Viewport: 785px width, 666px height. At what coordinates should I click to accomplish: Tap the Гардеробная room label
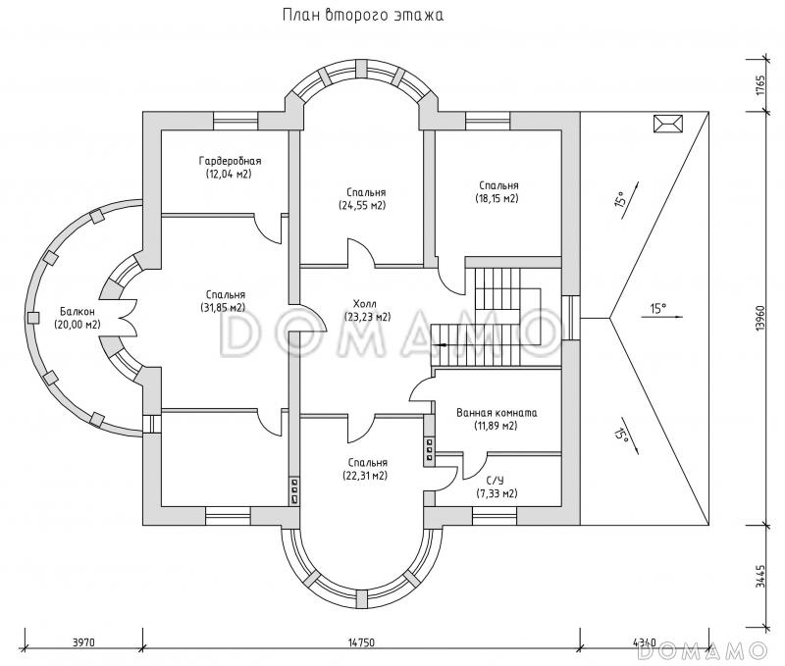[x=229, y=161]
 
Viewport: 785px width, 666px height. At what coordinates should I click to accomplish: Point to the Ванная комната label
[x=496, y=413]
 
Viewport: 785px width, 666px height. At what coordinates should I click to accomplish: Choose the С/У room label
[x=496, y=481]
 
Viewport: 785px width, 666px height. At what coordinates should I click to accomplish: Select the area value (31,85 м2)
[x=225, y=307]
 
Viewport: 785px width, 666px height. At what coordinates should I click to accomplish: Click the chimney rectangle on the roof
[x=667, y=123]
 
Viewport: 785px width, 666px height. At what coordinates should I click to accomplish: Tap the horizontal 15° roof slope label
[x=657, y=309]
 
